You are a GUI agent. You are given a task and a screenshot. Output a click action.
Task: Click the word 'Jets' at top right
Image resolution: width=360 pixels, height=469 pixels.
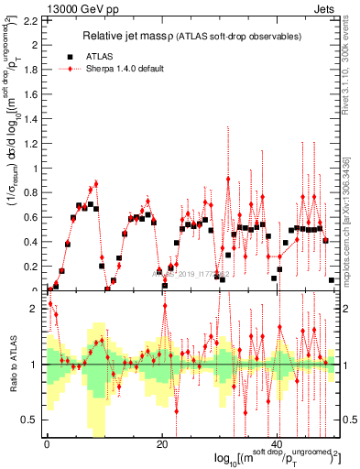[327, 8]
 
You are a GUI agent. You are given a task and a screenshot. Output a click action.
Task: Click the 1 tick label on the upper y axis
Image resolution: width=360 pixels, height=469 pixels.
[38, 169]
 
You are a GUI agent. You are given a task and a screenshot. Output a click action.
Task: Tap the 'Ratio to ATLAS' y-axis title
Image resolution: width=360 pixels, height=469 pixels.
[11, 364]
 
